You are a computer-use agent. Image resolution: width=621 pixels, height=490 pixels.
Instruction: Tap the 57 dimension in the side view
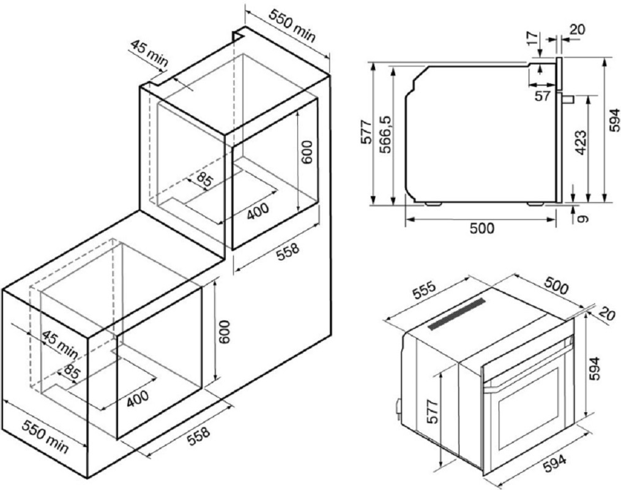click(542, 96)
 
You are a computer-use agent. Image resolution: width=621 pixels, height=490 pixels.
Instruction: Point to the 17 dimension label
click(533, 38)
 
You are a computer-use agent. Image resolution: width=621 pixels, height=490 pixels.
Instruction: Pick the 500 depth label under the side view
click(482, 228)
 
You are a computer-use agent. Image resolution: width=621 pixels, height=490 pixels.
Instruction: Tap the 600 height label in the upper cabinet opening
click(307, 152)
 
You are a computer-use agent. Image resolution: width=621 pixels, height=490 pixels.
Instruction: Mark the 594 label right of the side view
click(614, 119)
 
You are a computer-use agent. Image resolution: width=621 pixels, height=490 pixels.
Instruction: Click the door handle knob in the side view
click(568, 99)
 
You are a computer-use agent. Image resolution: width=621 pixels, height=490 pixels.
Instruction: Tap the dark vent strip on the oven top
click(456, 314)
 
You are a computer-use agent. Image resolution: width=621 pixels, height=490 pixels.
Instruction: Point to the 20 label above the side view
click(578, 30)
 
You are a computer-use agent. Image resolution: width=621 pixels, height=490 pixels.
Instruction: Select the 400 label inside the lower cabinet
click(138, 399)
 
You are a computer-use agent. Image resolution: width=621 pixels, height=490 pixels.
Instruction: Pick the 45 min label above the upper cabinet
click(149, 53)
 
